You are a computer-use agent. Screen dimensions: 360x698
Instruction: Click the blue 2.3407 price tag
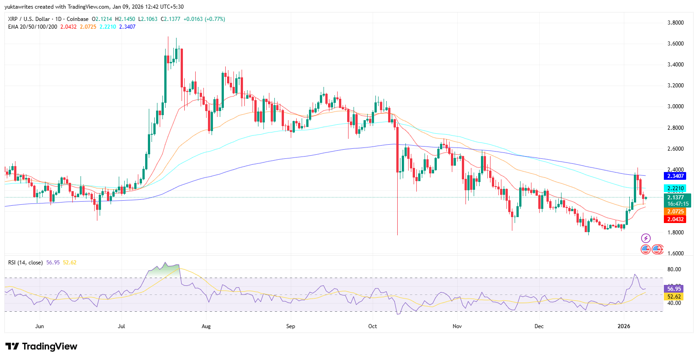pos(676,176)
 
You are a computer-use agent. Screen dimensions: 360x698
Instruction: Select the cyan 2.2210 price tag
pos(676,188)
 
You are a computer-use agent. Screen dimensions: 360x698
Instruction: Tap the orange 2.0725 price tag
pos(676,212)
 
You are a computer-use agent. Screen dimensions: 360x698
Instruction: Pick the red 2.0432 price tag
pos(676,219)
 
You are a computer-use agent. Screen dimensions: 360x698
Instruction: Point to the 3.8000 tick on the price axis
pos(675,23)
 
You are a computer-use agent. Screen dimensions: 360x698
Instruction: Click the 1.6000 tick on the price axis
pos(675,254)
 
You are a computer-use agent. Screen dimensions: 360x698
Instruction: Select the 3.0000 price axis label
pos(675,106)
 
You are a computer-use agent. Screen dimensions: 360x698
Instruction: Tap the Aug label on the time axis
pos(206,326)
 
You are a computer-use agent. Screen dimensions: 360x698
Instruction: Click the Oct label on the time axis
pos(373,326)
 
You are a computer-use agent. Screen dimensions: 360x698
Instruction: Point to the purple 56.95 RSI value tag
pos(674,289)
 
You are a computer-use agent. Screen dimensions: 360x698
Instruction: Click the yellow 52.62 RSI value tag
pos(674,297)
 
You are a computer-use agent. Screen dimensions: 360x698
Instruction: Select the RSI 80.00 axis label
pos(674,269)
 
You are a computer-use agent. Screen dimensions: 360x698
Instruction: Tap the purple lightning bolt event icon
pos(646,238)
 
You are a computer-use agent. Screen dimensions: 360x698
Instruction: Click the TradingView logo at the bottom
pos(41,346)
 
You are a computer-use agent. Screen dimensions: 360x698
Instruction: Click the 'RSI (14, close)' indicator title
pos(25,263)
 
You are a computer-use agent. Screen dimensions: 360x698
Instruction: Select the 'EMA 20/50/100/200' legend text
pos(33,27)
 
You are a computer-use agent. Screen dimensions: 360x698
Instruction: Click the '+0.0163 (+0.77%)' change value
pos(204,19)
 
